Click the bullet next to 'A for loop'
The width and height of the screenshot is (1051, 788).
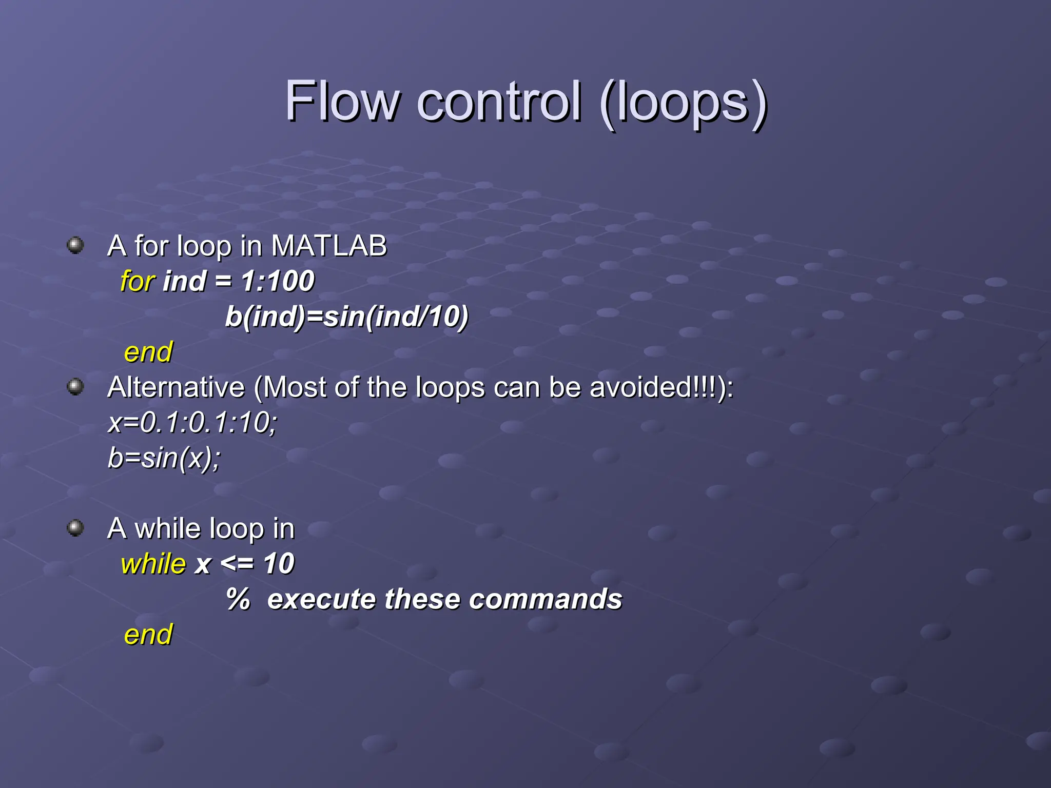coord(75,245)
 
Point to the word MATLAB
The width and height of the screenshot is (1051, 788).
coord(328,245)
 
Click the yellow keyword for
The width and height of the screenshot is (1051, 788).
coord(137,281)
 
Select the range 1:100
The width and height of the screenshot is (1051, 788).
coord(277,281)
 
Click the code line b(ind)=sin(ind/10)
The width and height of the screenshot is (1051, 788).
coord(346,317)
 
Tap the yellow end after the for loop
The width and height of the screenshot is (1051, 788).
coord(148,352)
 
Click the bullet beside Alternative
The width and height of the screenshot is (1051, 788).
coord(75,386)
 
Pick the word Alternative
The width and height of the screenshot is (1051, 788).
coord(176,387)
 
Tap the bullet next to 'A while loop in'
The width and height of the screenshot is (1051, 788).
coord(75,527)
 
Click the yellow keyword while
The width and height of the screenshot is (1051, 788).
coord(153,564)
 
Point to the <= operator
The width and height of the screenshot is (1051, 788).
coord(237,564)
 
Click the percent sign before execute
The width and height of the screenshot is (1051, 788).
coord(238,599)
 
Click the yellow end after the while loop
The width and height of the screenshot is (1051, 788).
coord(148,635)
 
